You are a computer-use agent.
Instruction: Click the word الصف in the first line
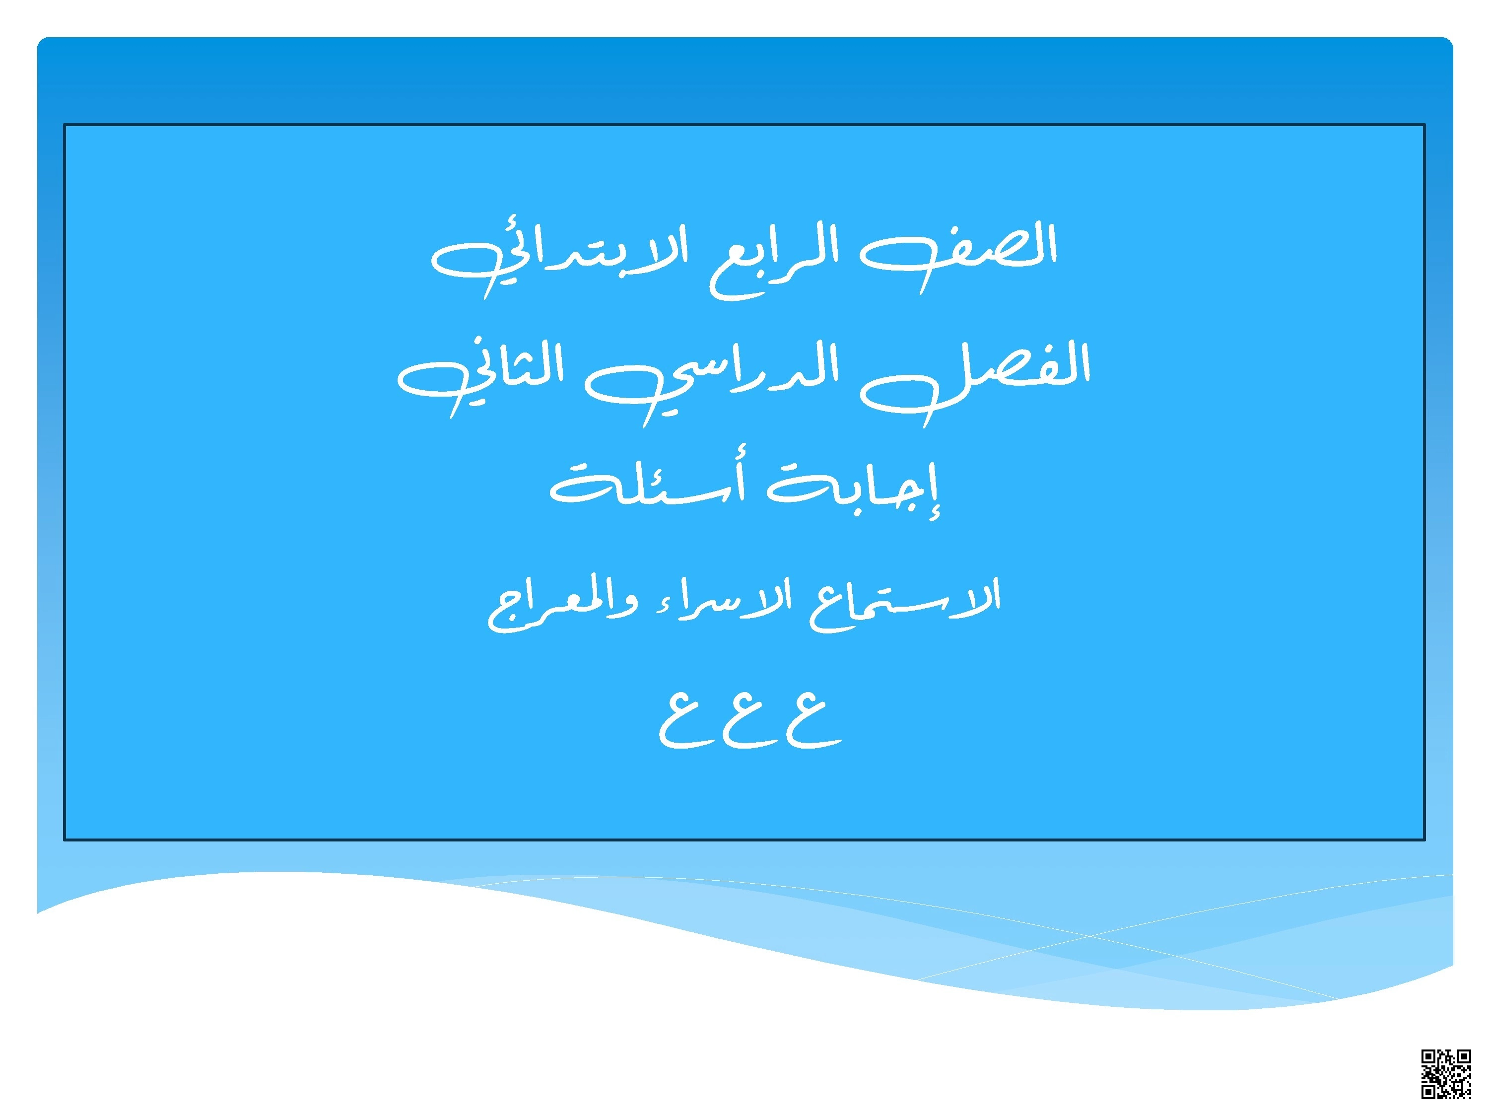coord(959,253)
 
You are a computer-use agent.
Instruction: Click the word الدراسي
coord(714,380)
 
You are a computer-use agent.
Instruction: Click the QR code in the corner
coord(1446,1073)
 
